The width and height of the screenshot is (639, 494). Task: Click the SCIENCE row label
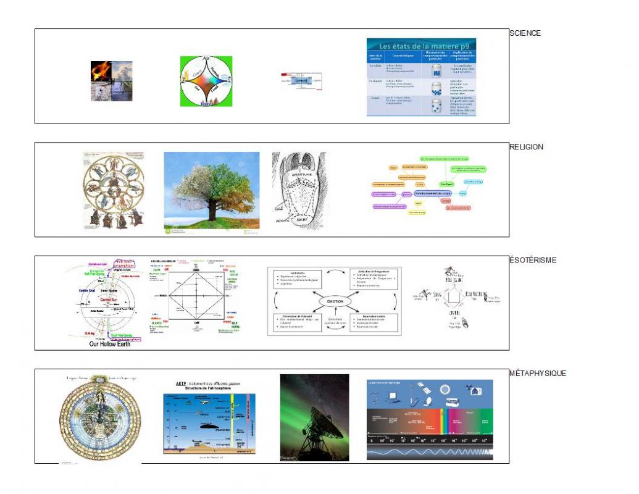coord(525,33)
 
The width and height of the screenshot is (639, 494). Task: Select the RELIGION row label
coord(526,147)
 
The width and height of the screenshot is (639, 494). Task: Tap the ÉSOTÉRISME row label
coord(533,260)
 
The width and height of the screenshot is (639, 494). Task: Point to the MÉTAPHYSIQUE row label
coord(538,373)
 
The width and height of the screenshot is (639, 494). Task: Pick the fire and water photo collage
coord(111,81)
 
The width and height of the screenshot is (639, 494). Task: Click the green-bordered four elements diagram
coord(206,82)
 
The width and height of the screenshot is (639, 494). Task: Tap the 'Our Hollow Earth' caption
coord(110,344)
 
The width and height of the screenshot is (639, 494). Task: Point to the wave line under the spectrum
coord(430,453)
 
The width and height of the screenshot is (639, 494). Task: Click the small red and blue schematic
coord(303,82)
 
